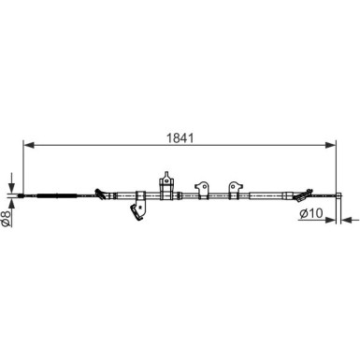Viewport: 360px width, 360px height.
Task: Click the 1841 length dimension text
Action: click(x=180, y=137)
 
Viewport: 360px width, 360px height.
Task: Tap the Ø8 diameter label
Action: click(x=6, y=219)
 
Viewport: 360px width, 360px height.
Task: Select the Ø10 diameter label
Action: click(x=310, y=213)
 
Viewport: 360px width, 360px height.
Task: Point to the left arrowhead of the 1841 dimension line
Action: click(x=29, y=145)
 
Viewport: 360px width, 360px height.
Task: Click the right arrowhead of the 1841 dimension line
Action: click(x=331, y=145)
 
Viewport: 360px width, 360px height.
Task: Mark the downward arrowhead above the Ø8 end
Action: click(x=11, y=188)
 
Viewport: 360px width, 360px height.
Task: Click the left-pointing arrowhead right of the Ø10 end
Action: click(x=347, y=221)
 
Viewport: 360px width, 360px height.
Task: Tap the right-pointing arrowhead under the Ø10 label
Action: click(x=331, y=221)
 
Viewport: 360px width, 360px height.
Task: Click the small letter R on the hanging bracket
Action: click(x=140, y=207)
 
